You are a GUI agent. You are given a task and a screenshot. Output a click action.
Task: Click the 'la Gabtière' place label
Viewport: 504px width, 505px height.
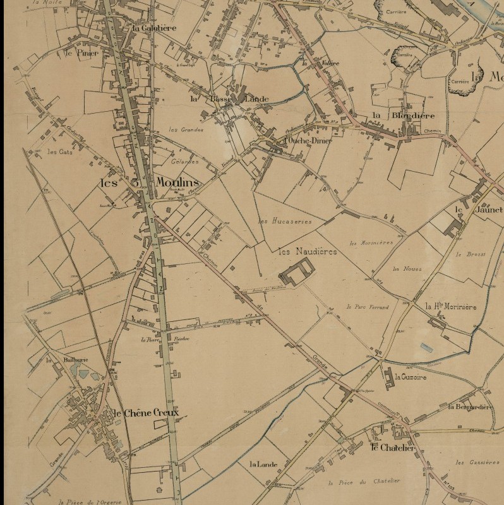tap(154, 28)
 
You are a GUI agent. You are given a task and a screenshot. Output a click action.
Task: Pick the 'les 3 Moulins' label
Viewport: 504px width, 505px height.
tap(150, 182)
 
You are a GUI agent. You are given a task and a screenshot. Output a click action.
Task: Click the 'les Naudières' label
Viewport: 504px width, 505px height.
tap(308, 251)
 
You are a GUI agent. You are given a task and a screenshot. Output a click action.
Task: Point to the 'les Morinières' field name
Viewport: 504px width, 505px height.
tap(371, 242)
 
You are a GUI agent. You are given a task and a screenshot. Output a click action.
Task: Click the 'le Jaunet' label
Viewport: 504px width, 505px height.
tap(477, 210)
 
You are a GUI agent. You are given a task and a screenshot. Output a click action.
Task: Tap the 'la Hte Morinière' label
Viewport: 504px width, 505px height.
tap(450, 306)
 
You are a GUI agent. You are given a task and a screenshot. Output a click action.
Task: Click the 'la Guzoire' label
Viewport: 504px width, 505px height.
tap(410, 377)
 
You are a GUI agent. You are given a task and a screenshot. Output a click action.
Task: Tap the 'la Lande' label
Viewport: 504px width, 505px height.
tap(264, 465)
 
